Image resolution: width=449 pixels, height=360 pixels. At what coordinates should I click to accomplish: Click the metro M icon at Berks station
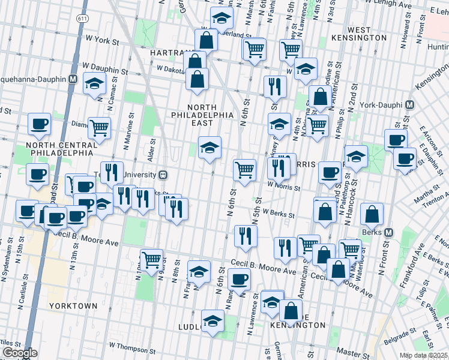388,232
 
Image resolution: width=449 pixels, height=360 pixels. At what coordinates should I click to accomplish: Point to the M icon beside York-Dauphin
410,104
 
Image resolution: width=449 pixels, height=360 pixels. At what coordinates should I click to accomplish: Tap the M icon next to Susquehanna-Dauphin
73,79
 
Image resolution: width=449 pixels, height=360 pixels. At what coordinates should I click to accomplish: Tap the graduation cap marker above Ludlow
212,320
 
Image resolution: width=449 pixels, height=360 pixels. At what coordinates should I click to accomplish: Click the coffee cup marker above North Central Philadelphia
40,124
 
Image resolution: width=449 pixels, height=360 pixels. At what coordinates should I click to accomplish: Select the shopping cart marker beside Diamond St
99,127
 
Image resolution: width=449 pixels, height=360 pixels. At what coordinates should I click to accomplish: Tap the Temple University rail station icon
162,175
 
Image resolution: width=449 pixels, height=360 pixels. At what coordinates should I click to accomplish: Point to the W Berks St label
282,214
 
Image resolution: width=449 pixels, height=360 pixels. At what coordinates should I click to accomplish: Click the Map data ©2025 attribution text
423,355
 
